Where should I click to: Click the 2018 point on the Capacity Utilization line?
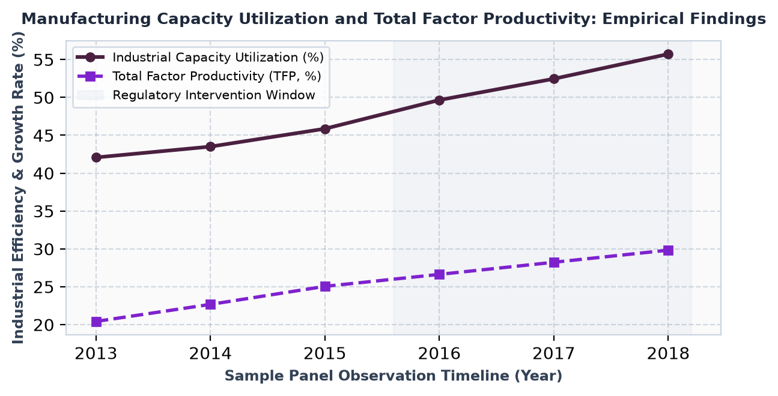(668, 54)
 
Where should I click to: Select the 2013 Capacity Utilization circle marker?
(96, 157)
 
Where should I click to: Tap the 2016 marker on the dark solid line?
(439, 100)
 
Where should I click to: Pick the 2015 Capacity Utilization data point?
(325, 129)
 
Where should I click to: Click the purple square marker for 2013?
(96, 322)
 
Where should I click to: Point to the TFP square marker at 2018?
(668, 250)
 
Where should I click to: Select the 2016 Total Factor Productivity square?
(439, 274)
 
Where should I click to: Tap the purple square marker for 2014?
(210, 304)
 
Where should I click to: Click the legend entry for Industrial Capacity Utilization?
(218, 57)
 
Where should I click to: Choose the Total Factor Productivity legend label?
(217, 76)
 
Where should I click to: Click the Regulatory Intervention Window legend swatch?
(90, 95)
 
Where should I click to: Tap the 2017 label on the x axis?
(554, 353)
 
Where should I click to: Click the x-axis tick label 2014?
(210, 353)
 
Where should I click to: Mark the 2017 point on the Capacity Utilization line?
(554, 79)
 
